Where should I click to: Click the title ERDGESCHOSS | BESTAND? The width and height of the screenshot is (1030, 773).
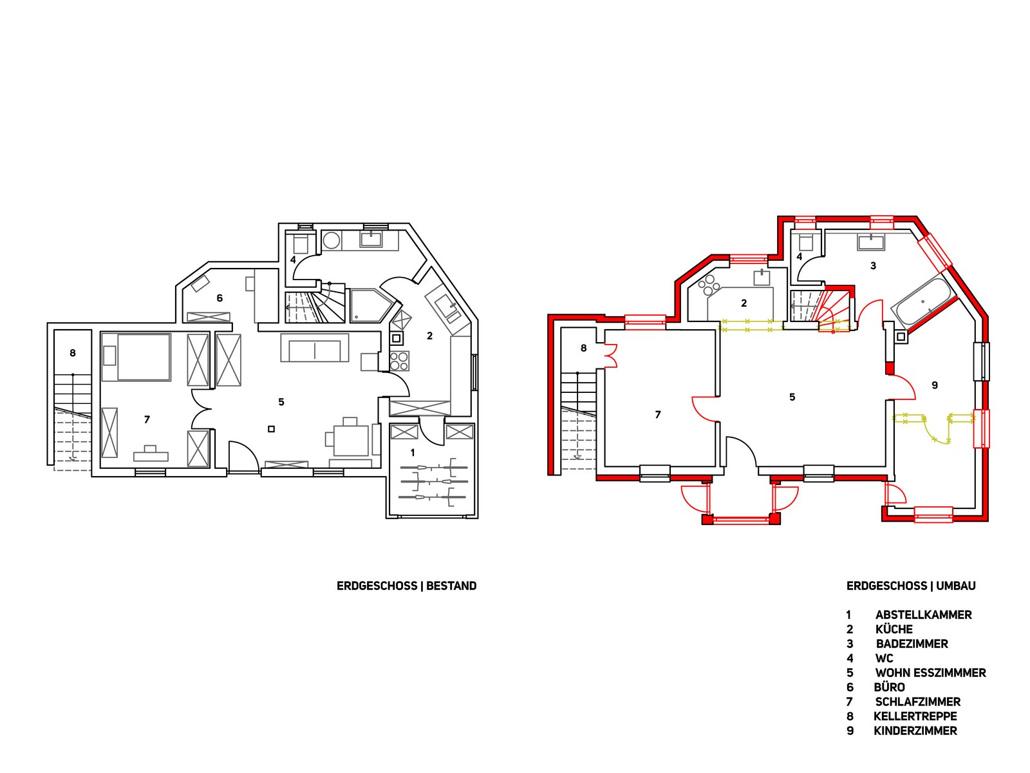click(406, 586)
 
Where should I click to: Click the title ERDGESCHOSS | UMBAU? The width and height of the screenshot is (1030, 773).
click(911, 586)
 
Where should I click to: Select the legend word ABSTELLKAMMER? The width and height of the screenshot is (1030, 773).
click(924, 615)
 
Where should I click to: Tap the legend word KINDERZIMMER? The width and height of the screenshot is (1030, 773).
click(915, 730)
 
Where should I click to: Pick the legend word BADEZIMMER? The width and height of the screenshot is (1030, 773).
click(912, 644)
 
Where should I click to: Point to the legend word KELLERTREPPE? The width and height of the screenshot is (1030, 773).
click(915, 716)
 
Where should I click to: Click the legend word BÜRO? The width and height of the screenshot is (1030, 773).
click(889, 687)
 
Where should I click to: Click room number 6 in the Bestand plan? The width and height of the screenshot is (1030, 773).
click(220, 298)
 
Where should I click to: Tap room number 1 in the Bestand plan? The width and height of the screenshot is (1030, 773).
click(413, 453)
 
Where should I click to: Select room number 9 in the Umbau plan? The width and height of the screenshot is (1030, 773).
click(935, 385)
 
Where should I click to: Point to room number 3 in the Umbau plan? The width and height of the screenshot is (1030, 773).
click(874, 266)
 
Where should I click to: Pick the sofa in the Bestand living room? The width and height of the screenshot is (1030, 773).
click(315, 348)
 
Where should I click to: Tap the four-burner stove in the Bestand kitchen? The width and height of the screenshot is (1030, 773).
click(399, 361)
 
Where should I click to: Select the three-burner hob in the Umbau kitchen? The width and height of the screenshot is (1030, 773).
click(709, 285)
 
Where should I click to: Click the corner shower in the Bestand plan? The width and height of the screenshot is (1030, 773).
click(371, 305)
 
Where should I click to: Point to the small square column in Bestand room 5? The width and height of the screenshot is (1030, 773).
click(271, 429)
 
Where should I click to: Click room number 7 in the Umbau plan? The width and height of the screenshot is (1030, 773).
click(658, 415)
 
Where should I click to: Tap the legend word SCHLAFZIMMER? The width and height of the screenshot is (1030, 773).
click(918, 701)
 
